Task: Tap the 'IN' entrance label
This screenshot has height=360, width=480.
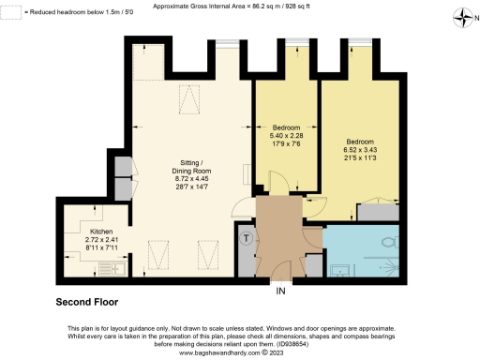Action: pyautogui.click(x=279, y=291)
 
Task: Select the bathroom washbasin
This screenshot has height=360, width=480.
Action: pyautogui.click(x=337, y=269)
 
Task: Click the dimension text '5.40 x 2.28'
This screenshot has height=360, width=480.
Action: pyautogui.click(x=288, y=135)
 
